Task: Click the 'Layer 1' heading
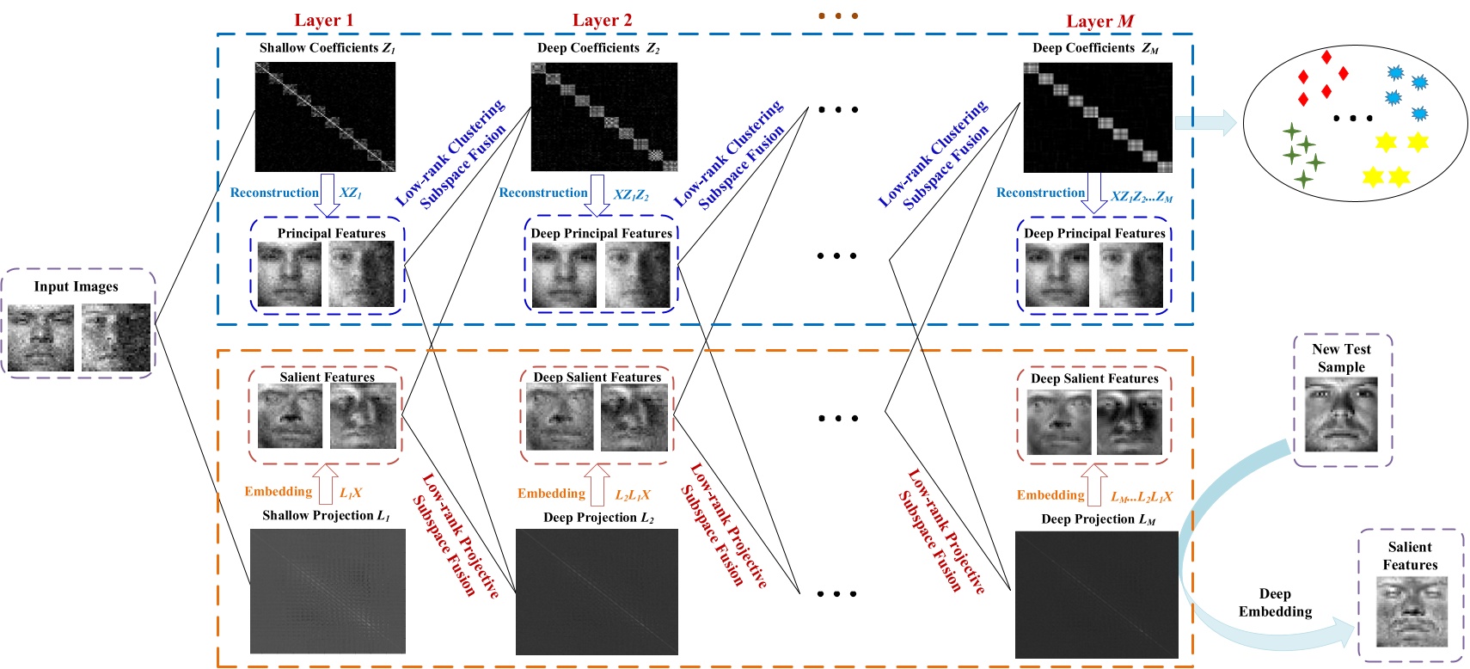click(323, 20)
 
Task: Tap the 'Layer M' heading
click(1099, 21)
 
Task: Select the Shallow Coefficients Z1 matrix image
click(325, 117)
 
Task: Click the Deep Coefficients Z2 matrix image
click(603, 117)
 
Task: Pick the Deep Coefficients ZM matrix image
click(1097, 118)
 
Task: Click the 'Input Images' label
click(76, 286)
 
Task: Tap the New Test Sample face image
click(1341, 415)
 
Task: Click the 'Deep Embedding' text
click(1275, 603)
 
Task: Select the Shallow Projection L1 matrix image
click(328, 591)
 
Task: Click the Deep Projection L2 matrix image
click(597, 592)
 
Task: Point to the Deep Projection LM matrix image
click(1096, 594)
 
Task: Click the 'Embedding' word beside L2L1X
click(551, 494)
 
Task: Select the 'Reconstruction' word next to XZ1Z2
click(543, 193)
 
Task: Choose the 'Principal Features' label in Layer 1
click(331, 233)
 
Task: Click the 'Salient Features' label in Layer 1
click(327, 377)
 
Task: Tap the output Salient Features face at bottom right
click(1412, 611)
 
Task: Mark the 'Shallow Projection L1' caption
click(326, 515)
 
